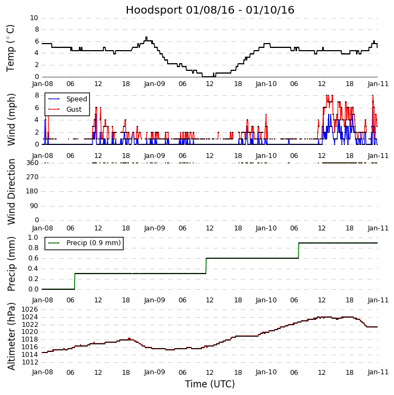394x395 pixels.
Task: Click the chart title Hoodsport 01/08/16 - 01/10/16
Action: click(210, 10)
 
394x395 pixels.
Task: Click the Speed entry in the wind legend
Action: click(77, 99)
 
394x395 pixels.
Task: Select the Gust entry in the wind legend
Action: click(74, 110)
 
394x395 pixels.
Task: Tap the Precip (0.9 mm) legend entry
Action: click(94, 243)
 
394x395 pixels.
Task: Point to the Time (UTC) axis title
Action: click(210, 384)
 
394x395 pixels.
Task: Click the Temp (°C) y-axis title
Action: click(10, 48)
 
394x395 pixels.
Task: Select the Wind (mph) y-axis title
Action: click(11, 119)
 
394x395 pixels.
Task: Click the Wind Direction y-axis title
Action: click(11, 192)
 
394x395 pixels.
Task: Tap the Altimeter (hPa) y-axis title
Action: click(11, 336)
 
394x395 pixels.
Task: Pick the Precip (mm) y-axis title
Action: click(11, 264)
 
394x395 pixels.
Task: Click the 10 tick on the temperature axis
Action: click(34, 18)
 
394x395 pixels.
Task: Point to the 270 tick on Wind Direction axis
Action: click(33, 177)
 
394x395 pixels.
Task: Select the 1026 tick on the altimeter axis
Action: click(30, 309)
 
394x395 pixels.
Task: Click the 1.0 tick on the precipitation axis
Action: click(33, 238)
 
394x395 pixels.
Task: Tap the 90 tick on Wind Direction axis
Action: click(34, 206)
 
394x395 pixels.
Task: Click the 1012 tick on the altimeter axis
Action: click(30, 362)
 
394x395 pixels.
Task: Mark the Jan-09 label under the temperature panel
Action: click(155, 84)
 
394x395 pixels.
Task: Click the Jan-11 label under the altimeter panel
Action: click(378, 372)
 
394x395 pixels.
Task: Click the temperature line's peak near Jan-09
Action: click(146, 37)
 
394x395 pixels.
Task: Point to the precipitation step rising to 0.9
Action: click(298, 251)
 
